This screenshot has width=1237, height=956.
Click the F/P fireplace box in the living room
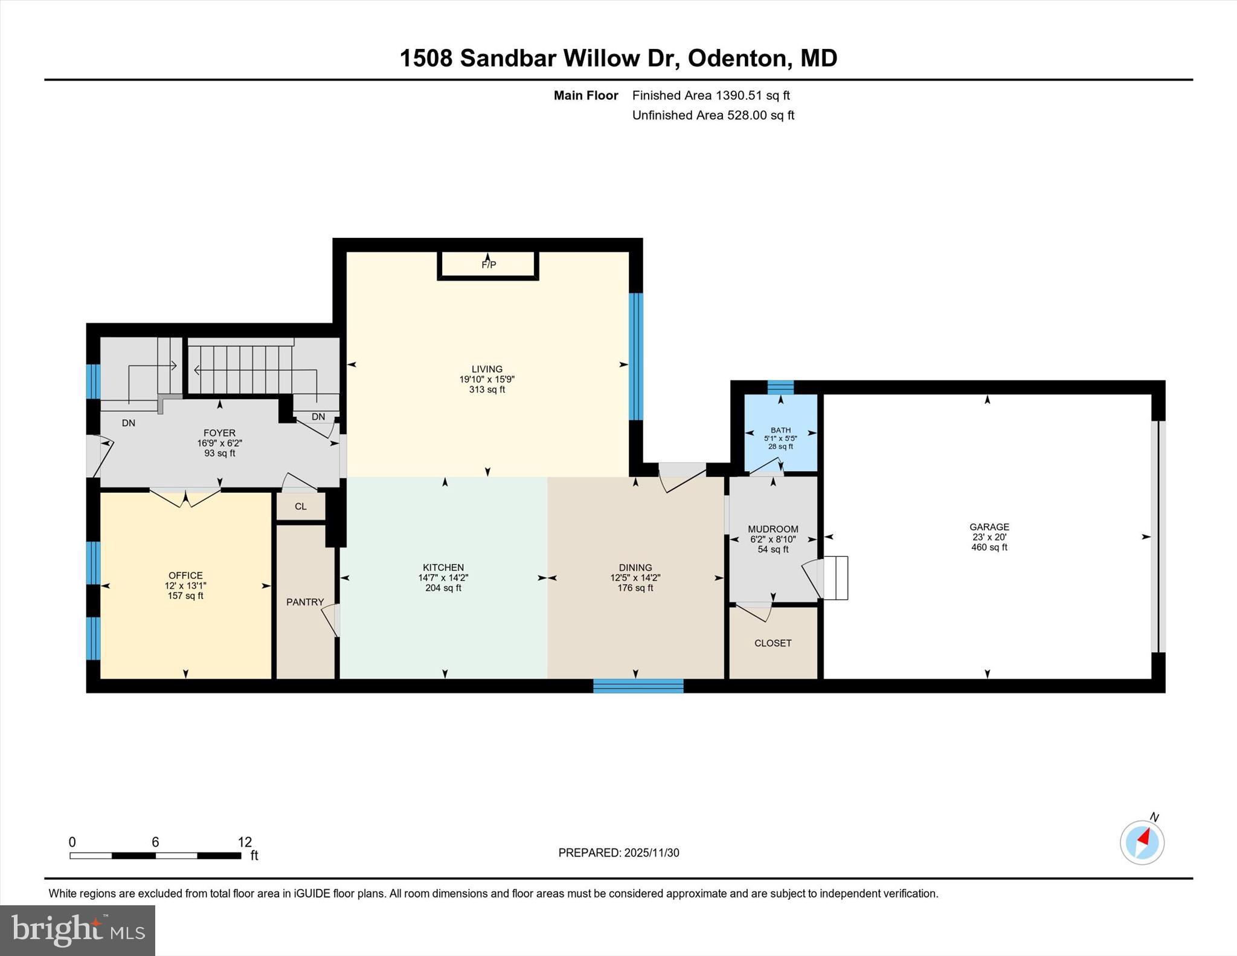488,265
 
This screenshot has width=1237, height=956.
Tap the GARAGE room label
989,527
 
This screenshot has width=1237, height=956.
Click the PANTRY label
305,602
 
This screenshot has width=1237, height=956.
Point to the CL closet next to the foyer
301,507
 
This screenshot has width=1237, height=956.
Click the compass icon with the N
1142,842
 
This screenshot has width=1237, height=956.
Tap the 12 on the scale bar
245,842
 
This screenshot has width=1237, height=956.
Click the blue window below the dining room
638,685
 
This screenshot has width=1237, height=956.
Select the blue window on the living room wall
635,356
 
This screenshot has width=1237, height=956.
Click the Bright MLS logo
77,930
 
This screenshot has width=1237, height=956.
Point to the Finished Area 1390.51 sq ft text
711,95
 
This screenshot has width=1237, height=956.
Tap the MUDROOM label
773,529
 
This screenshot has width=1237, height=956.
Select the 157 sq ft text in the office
185,596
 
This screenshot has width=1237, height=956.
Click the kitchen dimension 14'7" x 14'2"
443,578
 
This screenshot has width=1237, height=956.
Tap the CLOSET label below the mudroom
773,643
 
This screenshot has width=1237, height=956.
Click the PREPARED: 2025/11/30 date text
618,853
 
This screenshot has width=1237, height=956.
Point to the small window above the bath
780,387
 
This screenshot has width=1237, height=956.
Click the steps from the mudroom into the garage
836,578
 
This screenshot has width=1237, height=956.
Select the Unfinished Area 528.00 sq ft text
713,115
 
